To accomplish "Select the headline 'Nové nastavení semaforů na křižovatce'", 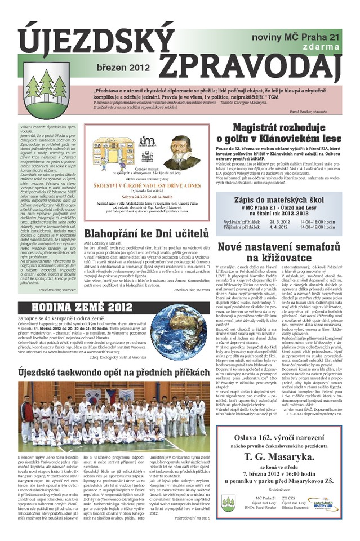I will click(279, 252).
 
